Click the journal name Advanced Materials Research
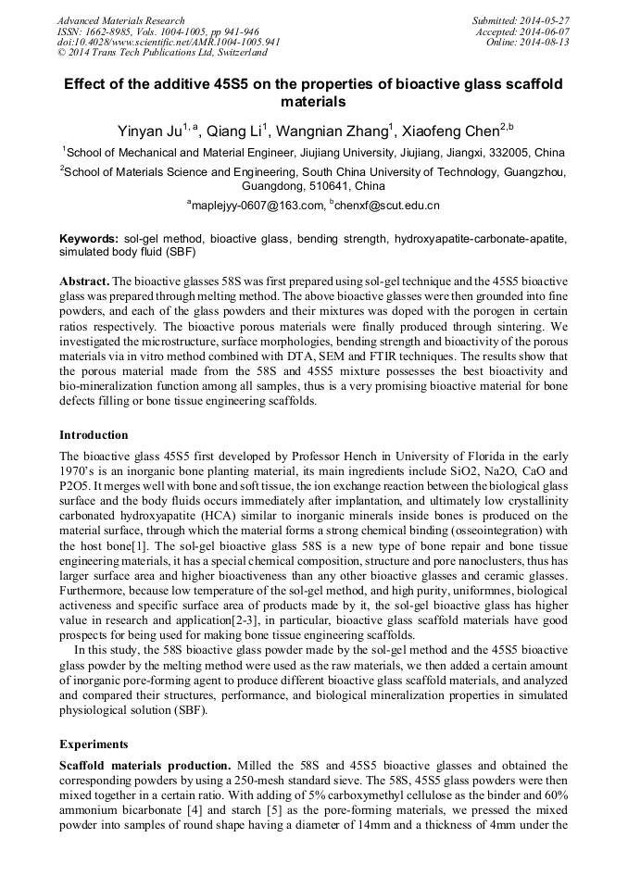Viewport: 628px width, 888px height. pyautogui.click(x=120, y=20)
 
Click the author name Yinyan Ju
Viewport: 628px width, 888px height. pyautogui.click(x=149, y=131)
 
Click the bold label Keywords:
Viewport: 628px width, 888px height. pyautogui.click(x=89, y=238)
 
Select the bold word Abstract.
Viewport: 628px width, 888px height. pyautogui.click(x=84, y=281)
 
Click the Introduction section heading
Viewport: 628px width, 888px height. pyautogui.click(x=94, y=435)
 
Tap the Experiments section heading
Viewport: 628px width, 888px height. pyautogui.click(x=94, y=744)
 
